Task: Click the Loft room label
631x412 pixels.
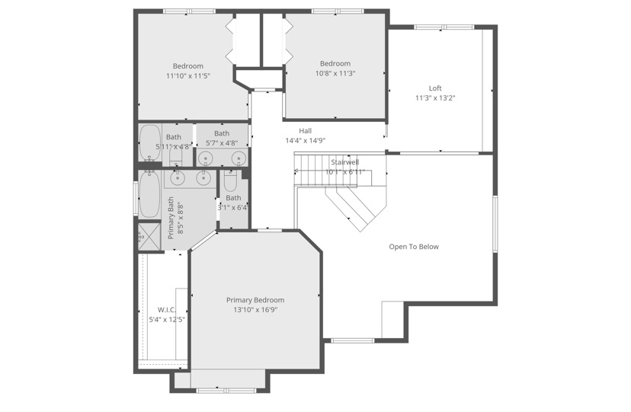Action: [434, 88]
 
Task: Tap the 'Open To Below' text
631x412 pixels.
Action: [414, 247]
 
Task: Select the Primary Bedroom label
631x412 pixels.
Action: [255, 300]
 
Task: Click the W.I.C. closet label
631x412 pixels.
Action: [167, 309]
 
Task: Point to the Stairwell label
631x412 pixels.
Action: [345, 162]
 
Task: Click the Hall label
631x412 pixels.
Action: [305, 131]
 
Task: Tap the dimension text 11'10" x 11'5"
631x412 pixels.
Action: [187, 76]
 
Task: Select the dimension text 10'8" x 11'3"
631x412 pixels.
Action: [335, 74]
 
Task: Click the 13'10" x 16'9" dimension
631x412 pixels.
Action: [255, 310]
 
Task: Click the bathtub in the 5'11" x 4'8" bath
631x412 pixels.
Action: [149, 142]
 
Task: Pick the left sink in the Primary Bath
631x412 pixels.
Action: [178, 177]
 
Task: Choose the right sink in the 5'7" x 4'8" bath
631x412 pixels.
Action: [238, 158]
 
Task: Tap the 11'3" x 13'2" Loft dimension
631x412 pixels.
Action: [434, 98]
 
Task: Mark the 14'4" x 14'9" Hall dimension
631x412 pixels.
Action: [305, 141]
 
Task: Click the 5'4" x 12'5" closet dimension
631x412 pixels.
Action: [167, 319]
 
